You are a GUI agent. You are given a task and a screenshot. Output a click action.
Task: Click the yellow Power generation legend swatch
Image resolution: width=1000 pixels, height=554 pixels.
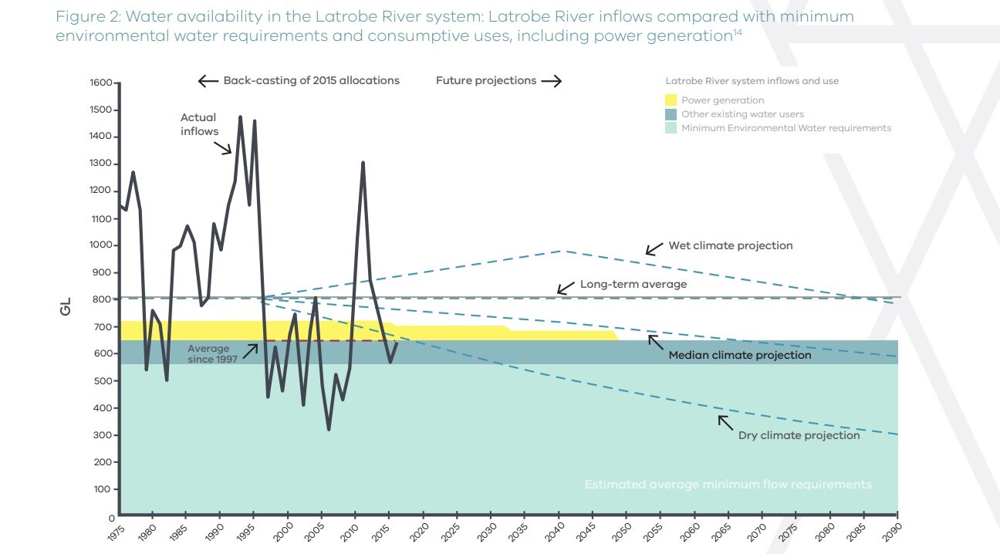[671, 100]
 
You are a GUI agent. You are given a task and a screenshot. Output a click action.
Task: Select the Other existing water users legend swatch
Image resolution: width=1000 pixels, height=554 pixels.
[671, 114]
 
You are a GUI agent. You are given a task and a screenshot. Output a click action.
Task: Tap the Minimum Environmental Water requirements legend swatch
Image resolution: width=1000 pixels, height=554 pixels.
[671, 128]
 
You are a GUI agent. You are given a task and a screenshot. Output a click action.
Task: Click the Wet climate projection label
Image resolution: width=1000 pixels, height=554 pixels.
[730, 245]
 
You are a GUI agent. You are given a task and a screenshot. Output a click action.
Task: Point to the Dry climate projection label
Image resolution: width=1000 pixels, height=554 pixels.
[799, 435]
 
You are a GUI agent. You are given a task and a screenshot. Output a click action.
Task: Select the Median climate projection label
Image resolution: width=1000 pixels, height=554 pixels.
[739, 356]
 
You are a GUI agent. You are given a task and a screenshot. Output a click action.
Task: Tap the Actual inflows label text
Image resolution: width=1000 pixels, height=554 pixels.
[199, 124]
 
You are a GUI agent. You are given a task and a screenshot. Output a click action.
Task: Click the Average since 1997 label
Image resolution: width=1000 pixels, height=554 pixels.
[208, 353]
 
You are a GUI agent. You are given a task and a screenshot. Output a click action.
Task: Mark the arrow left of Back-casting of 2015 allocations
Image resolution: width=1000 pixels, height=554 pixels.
[208, 81]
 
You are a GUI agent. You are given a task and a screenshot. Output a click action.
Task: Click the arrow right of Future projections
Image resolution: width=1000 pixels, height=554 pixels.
[551, 81]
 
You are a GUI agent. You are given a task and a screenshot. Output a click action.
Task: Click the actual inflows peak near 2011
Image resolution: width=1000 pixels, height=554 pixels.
[363, 163]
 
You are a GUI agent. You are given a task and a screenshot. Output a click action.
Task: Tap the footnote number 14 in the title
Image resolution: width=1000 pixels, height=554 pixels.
[737, 32]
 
